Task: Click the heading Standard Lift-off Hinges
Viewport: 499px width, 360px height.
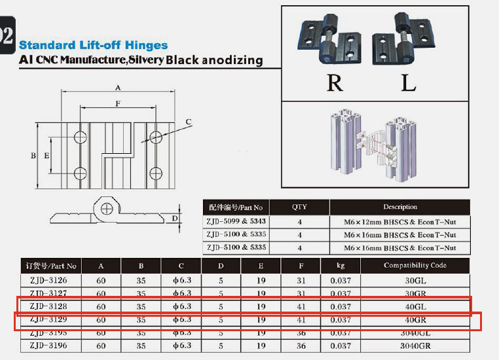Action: (93, 45)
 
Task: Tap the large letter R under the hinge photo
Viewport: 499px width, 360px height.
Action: (334, 82)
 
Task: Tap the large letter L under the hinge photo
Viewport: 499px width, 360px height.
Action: (409, 82)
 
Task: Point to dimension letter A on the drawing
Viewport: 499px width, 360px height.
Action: (118, 87)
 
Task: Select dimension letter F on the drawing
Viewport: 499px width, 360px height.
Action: (117, 103)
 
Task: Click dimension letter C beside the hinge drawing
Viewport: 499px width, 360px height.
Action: (188, 122)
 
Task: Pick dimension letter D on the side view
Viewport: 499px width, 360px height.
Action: (175, 218)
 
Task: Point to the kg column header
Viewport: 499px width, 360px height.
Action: (341, 266)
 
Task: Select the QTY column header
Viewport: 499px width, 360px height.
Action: (299, 207)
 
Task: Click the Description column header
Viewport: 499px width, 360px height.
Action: (400, 207)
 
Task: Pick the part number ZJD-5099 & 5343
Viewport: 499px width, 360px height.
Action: (236, 222)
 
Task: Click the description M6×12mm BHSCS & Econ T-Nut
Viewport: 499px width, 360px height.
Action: (400, 222)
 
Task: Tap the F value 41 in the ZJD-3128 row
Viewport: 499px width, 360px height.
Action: (301, 306)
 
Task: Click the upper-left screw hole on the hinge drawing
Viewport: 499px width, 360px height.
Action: (81, 137)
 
